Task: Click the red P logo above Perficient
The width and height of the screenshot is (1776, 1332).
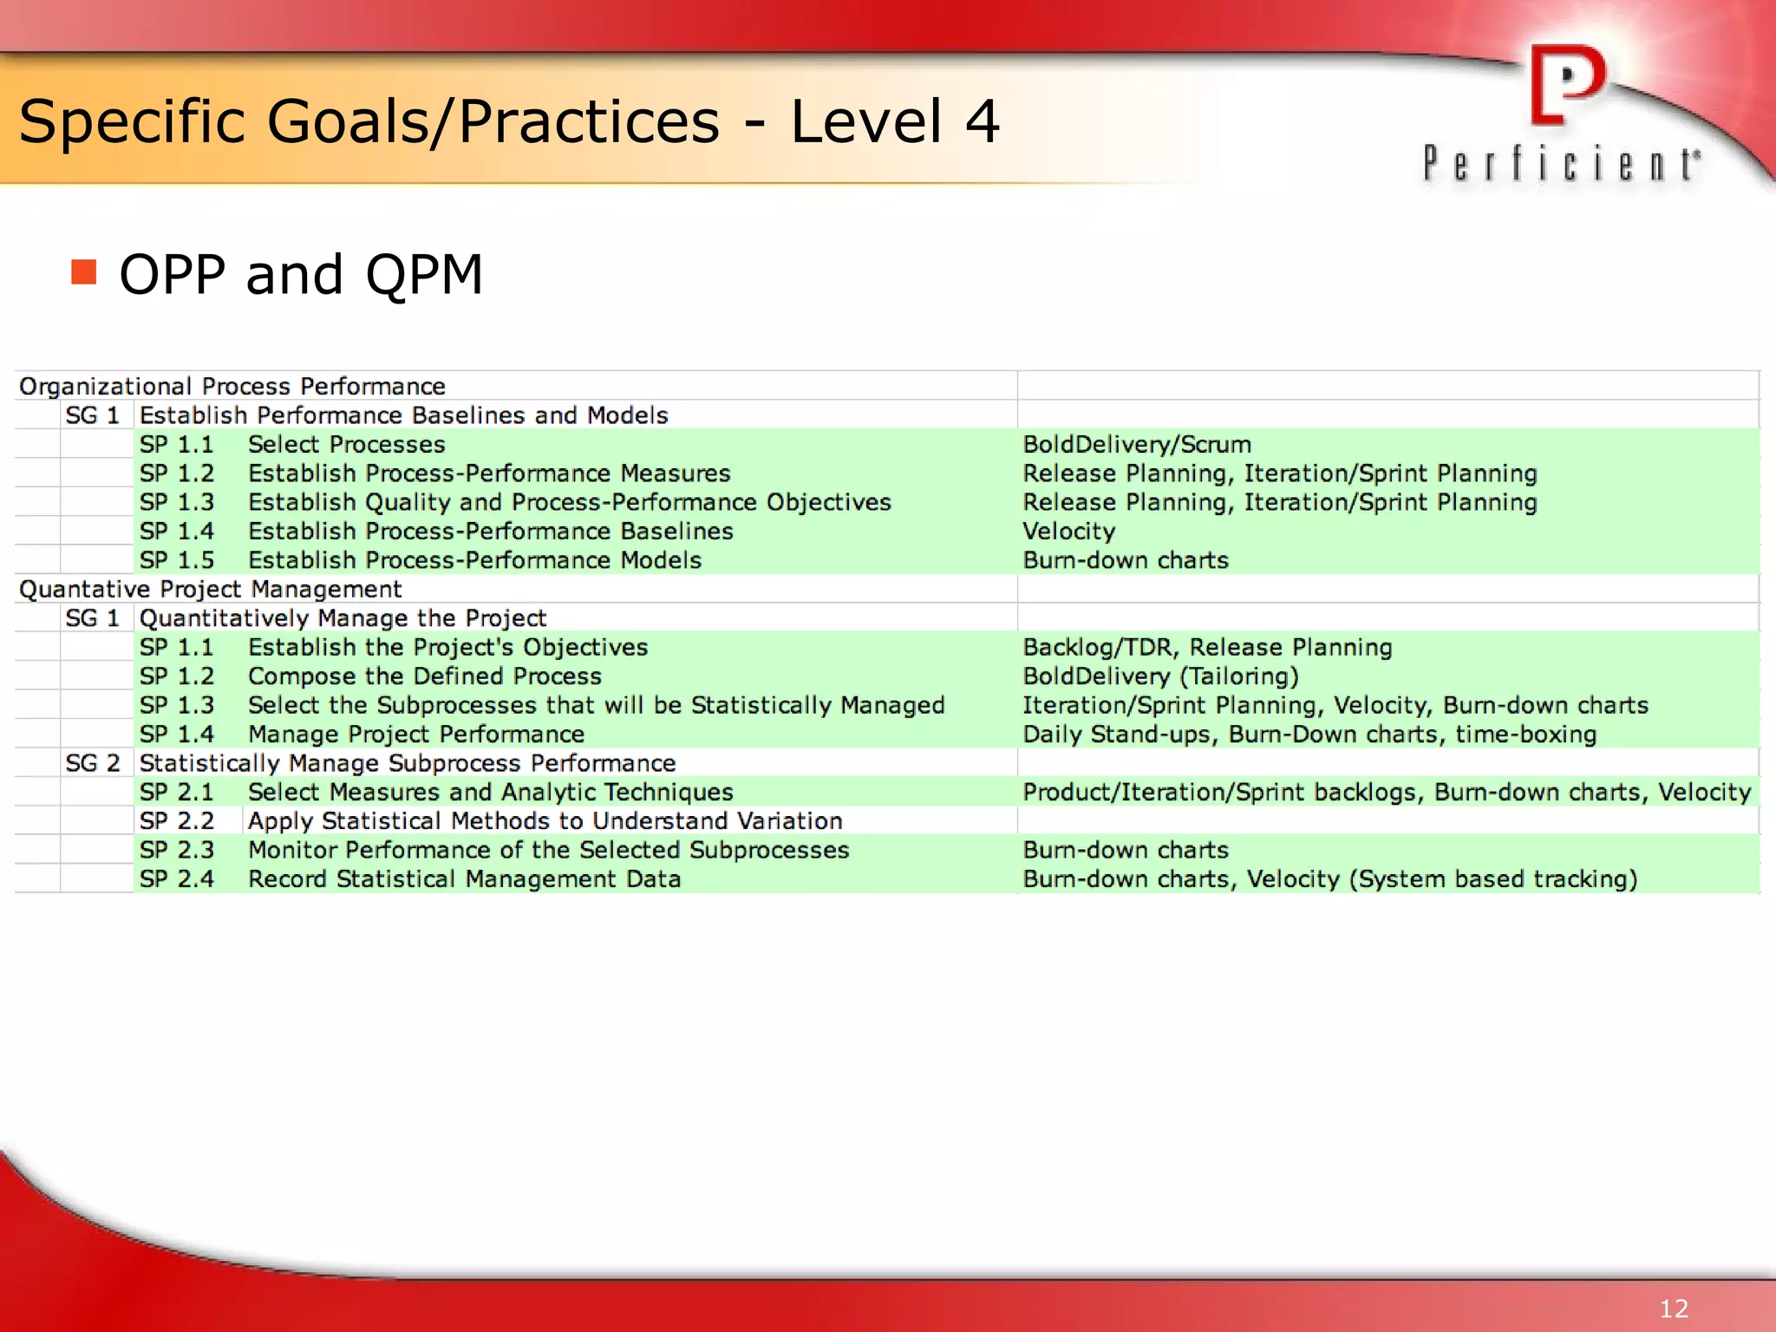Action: click(1567, 85)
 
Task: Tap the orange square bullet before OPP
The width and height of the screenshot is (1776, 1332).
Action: click(84, 272)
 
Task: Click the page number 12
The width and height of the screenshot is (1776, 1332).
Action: click(1674, 1308)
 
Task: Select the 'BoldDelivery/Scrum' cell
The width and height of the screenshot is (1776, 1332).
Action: click(1136, 444)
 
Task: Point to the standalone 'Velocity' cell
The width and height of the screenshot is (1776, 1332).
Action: click(1068, 531)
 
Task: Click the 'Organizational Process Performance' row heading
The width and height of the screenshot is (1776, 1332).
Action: click(232, 386)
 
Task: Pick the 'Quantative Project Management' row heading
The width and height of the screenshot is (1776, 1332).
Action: click(210, 589)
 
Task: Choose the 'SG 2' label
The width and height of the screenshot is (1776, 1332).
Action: click(93, 763)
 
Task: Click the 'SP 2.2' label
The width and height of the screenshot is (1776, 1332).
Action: click(177, 820)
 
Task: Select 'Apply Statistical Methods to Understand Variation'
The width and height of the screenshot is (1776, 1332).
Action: click(545, 820)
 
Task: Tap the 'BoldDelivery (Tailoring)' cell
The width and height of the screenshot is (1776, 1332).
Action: click(1160, 676)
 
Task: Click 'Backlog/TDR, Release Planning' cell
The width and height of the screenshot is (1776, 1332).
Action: click(1207, 647)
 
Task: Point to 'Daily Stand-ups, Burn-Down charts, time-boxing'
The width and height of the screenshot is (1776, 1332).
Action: click(1309, 734)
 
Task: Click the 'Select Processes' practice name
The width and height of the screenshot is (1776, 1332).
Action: click(346, 444)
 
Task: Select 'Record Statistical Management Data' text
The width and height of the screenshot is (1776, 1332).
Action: click(464, 878)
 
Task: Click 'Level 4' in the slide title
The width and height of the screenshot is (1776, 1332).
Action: click(894, 121)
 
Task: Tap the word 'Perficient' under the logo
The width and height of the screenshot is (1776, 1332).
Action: click(1561, 164)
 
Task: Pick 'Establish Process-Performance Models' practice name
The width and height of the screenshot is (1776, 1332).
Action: click(474, 560)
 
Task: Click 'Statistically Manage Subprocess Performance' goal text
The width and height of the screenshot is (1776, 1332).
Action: click(407, 763)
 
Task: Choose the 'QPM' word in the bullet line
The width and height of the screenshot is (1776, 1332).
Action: click(423, 274)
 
